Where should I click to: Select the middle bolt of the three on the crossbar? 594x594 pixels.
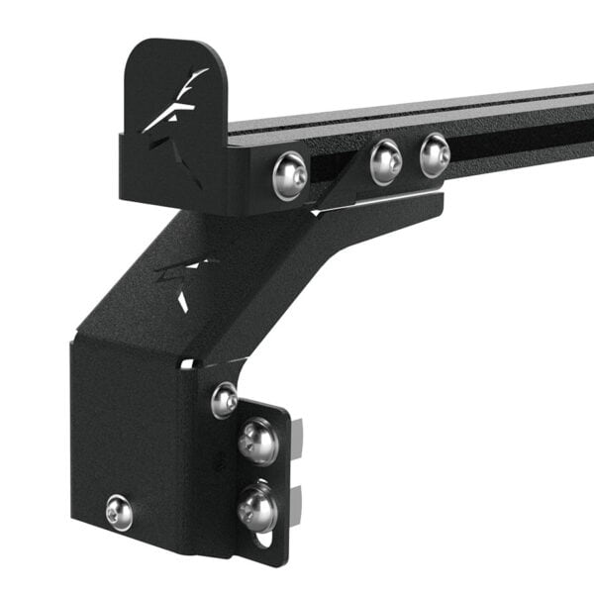pyautogui.click(x=386, y=161)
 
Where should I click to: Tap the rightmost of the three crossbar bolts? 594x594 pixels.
pyautogui.click(x=435, y=154)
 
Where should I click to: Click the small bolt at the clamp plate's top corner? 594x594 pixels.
pyautogui.click(x=225, y=399)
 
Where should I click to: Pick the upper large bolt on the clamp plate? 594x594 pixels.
pyautogui.click(x=257, y=441)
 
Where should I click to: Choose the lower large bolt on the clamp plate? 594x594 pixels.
pyautogui.click(x=257, y=507)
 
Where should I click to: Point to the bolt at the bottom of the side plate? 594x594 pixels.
pyautogui.click(x=120, y=511)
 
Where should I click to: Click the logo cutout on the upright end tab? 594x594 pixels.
pyautogui.click(x=175, y=103)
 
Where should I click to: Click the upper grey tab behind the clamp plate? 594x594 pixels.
pyautogui.click(x=296, y=432)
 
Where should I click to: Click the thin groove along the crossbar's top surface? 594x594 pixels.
pyautogui.click(x=445, y=108)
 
